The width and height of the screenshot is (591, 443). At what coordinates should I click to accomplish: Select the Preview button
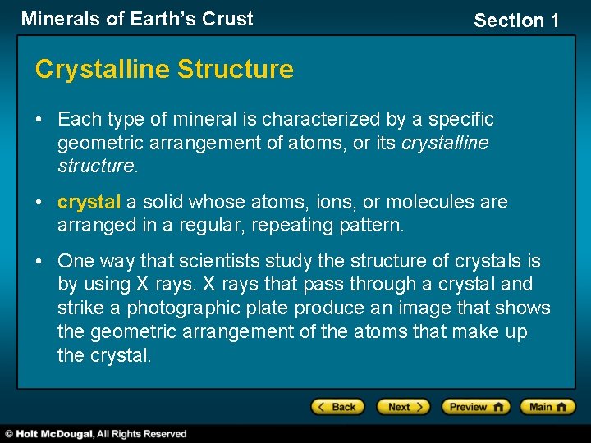475,407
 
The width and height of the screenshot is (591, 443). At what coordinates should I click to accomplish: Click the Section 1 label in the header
516,21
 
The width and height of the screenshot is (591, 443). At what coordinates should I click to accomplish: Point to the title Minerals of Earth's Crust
137,19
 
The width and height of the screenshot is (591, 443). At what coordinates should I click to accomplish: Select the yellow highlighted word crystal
89,202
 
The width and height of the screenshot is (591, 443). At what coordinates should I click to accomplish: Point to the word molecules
432,202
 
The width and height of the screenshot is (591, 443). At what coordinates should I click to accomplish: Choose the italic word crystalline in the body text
445,144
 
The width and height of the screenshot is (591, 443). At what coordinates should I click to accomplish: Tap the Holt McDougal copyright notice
95,433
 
